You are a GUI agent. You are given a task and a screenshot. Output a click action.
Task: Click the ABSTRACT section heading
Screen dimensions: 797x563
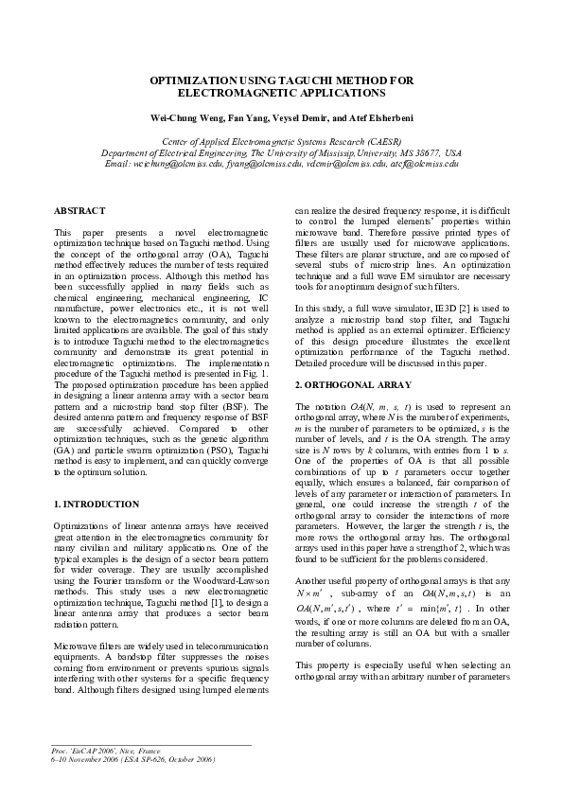79,210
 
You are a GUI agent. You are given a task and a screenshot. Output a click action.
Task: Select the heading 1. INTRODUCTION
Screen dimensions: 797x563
97,504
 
